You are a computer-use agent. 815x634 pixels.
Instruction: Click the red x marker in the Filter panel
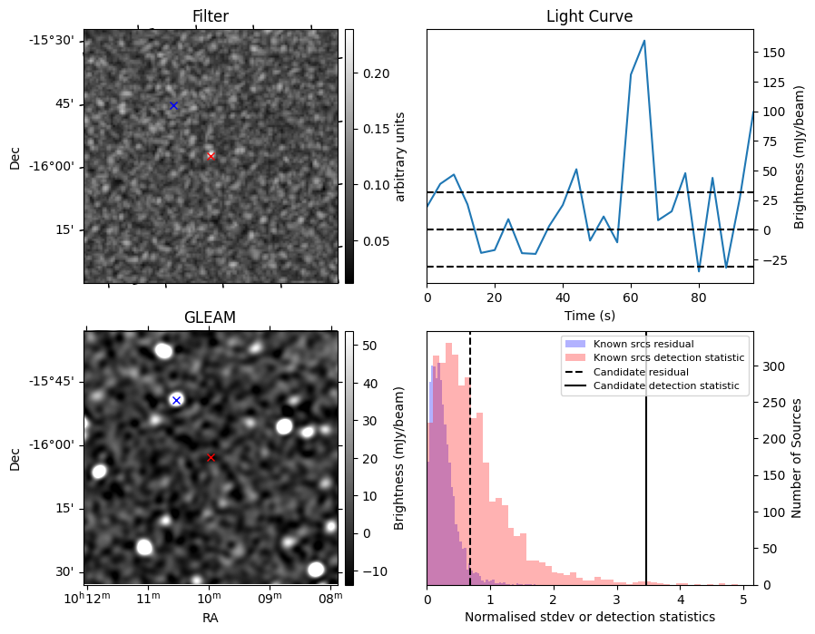[x=211, y=156]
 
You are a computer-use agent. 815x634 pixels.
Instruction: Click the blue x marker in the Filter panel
[x=173, y=105]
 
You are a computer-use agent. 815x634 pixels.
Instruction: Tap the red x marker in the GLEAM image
[x=211, y=457]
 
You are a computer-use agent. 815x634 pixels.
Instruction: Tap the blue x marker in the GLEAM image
[x=176, y=400]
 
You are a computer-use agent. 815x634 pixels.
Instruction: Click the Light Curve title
[x=589, y=16]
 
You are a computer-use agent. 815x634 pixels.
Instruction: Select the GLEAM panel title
[x=210, y=317]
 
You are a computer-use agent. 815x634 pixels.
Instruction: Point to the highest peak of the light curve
[x=644, y=41]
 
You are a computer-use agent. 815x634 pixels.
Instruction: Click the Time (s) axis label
[x=589, y=314]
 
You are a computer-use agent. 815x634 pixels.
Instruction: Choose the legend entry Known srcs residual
[x=643, y=344]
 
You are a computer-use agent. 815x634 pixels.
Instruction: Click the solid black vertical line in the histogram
[x=646, y=472]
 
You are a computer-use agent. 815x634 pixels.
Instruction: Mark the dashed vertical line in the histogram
[x=470, y=472]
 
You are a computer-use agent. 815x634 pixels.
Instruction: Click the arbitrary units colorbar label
[x=401, y=156]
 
